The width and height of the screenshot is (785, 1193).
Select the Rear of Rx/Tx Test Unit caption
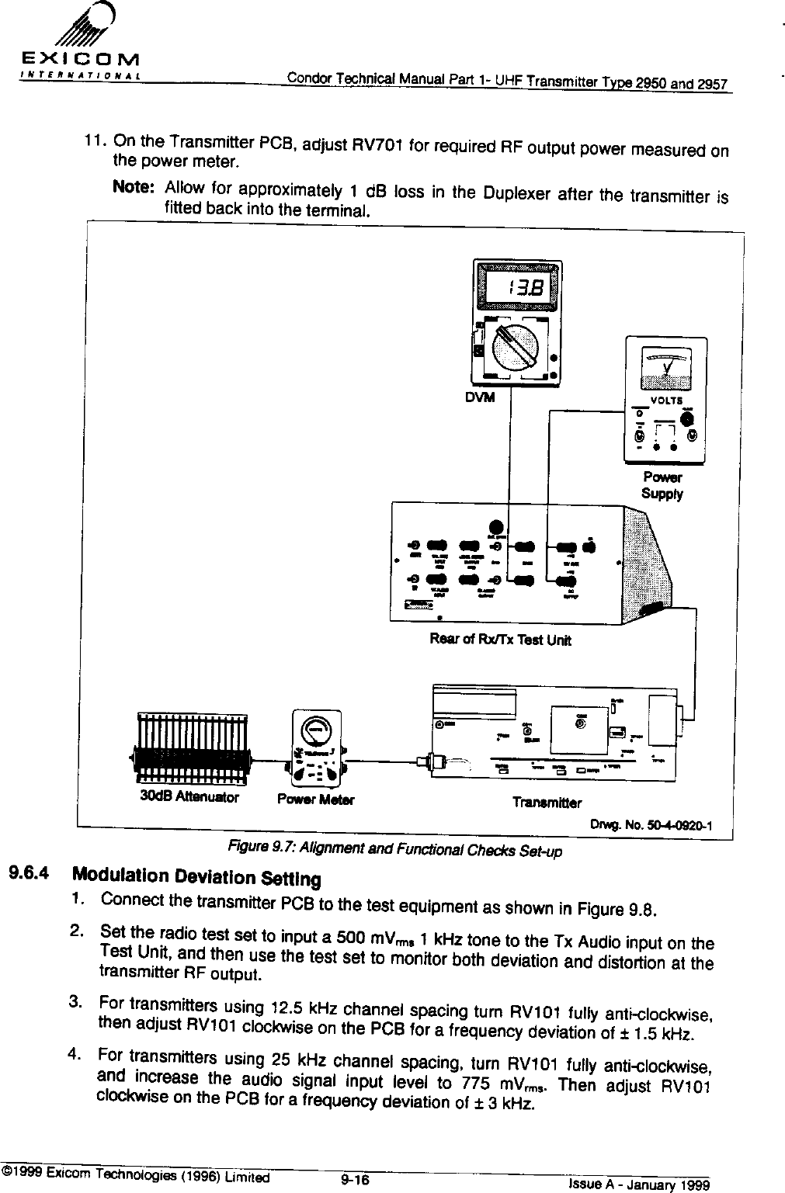[x=501, y=640]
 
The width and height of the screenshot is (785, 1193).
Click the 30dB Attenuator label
[x=189, y=796]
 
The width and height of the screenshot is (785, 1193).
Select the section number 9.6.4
[x=29, y=873]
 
